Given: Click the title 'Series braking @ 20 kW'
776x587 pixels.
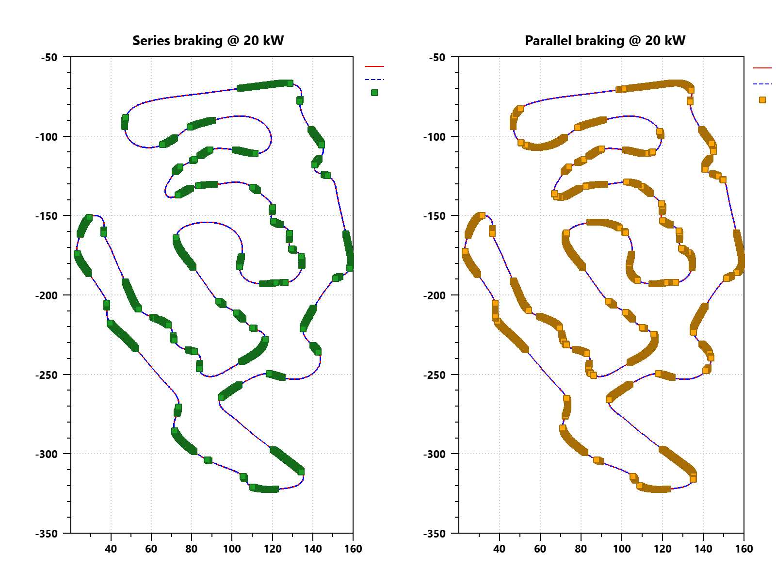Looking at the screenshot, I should (208, 40).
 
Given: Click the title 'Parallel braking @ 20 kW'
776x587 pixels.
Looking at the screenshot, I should (605, 40).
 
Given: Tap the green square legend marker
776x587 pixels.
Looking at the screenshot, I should (374, 93).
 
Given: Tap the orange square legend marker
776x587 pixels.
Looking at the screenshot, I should (762, 100).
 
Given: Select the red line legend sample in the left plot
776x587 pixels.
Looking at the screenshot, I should (374, 66).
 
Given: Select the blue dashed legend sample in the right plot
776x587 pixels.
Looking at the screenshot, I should (762, 84).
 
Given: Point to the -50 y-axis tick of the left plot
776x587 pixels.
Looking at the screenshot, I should (49, 57).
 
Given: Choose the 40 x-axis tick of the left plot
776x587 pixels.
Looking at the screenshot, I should (111, 549).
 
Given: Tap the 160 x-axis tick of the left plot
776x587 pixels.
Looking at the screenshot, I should (353, 549).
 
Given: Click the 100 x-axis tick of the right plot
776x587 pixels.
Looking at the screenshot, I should (621, 549).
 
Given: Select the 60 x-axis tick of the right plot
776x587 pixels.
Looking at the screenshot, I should (540, 549).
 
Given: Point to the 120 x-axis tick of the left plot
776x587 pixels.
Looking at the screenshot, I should (273, 549).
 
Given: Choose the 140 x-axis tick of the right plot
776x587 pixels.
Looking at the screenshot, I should (703, 549).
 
